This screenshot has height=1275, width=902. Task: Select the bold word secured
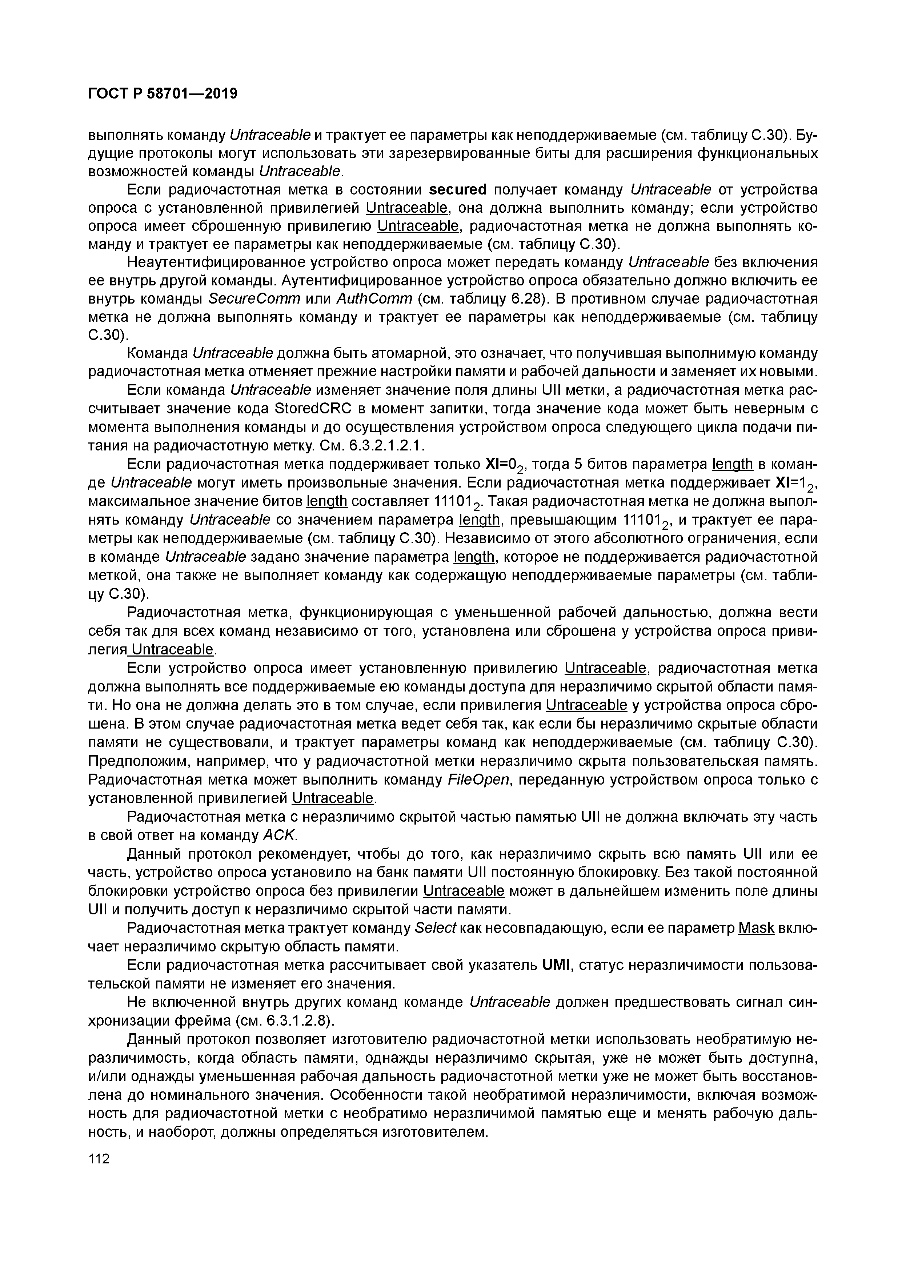[458, 190]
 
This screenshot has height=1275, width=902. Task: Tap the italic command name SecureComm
[254, 299]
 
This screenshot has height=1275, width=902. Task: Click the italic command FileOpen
[478, 780]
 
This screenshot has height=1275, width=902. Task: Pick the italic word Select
[436, 928]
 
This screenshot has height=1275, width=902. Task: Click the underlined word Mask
[756, 928]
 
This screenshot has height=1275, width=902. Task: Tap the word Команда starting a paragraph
[158, 353]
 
